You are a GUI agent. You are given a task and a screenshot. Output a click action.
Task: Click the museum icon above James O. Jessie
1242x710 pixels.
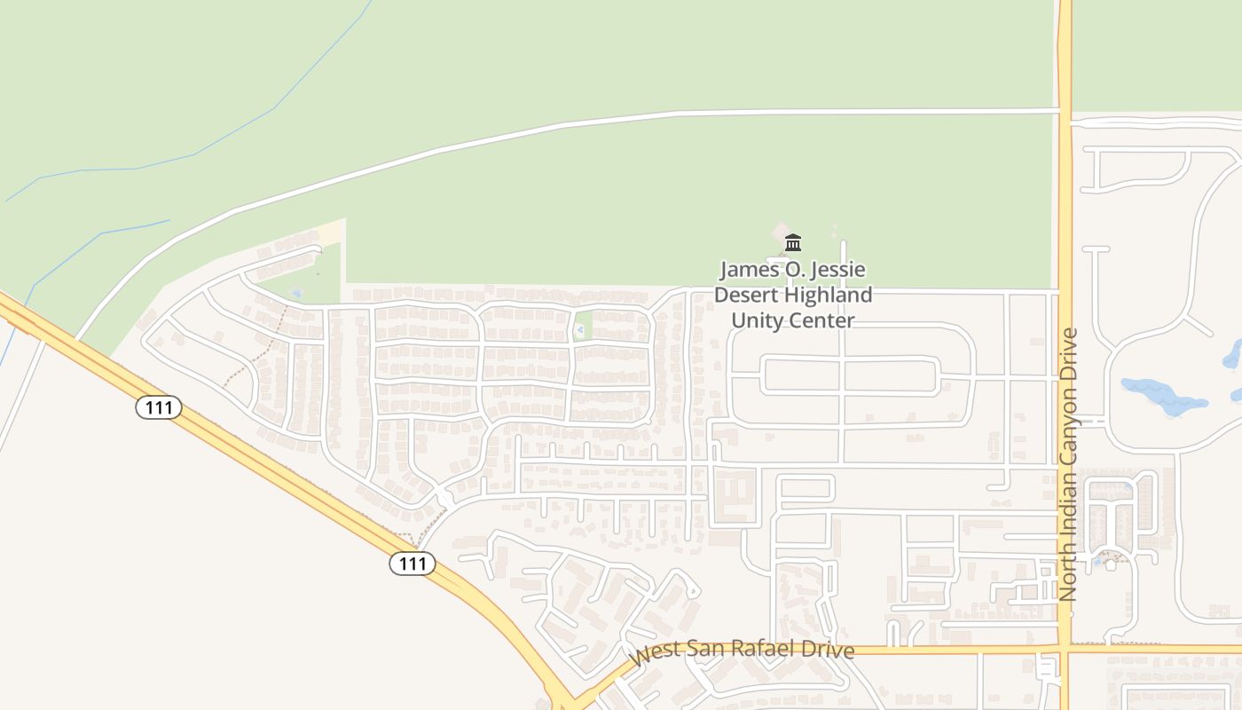(793, 242)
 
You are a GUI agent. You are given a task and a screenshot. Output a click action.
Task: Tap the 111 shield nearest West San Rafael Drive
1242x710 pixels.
(413, 564)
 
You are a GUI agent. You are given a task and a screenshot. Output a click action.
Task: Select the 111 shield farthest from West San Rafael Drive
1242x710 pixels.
(159, 407)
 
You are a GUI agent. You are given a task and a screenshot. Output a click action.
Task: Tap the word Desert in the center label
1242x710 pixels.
(748, 295)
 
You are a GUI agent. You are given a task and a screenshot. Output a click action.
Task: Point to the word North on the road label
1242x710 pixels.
(1069, 573)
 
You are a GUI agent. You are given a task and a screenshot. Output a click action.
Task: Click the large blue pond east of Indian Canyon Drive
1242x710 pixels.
(1162, 397)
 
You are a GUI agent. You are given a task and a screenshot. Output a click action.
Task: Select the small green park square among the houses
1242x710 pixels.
(582, 326)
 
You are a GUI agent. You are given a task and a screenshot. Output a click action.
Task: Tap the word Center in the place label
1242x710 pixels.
(825, 320)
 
